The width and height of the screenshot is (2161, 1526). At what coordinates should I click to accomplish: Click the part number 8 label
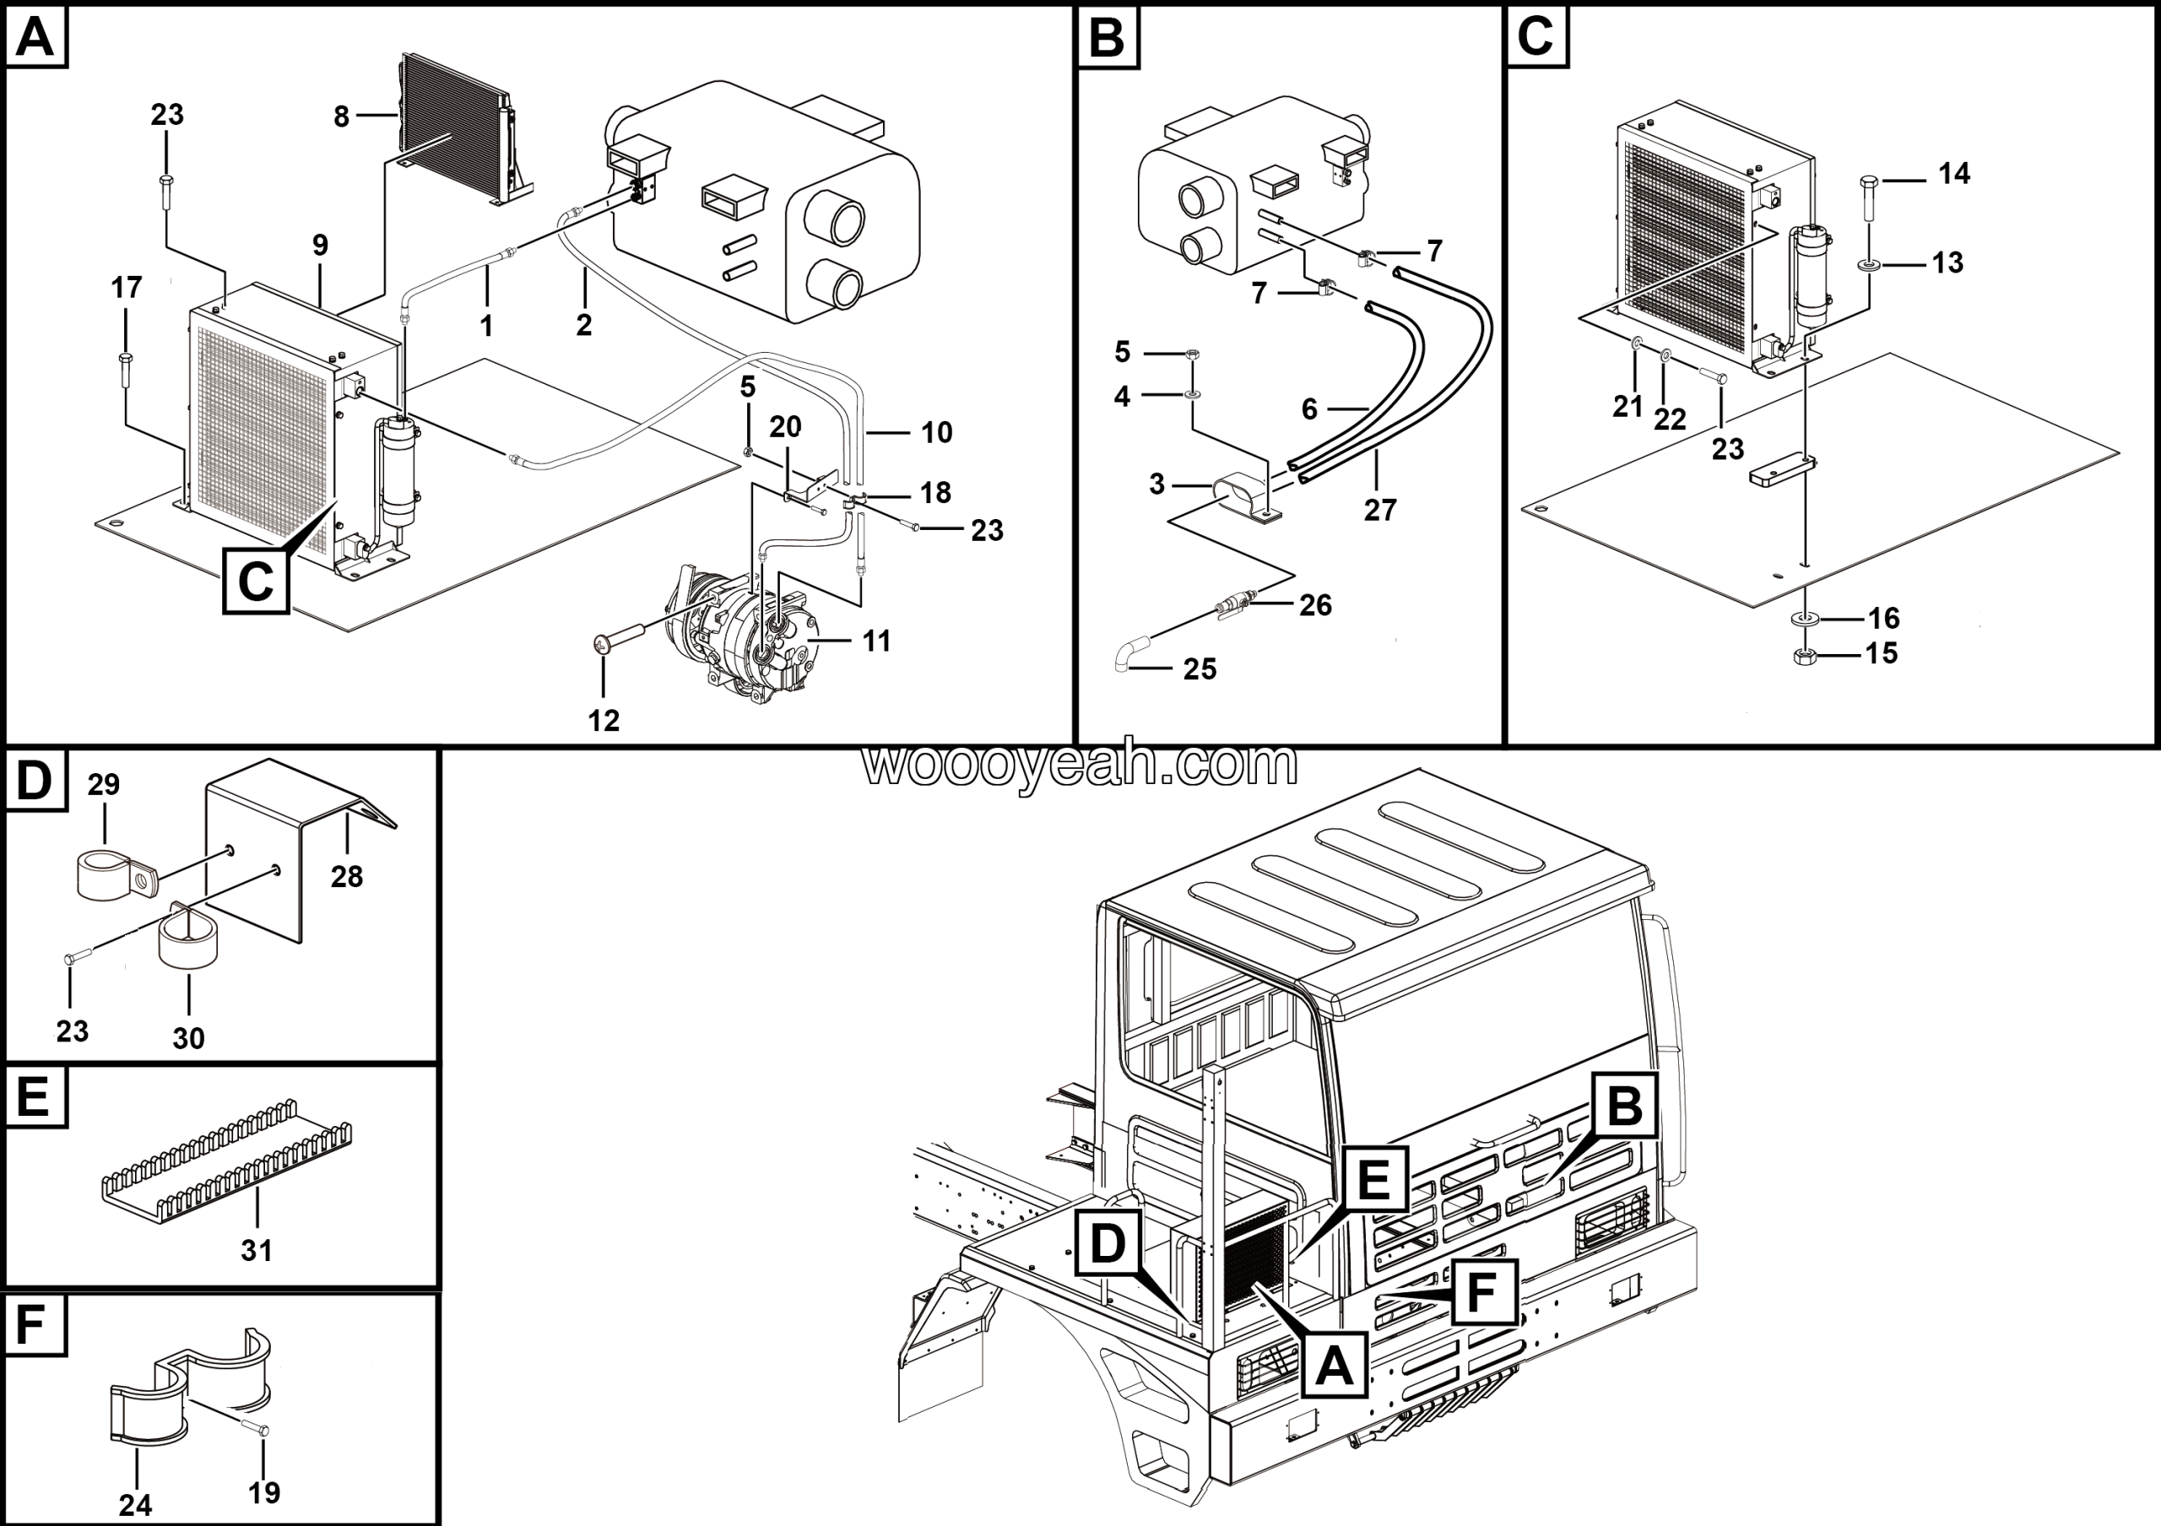(341, 116)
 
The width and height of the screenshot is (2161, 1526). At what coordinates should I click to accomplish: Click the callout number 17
(126, 287)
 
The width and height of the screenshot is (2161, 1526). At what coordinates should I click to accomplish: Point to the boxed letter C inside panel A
(255, 581)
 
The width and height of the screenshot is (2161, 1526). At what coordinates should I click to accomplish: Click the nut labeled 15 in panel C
(1804, 656)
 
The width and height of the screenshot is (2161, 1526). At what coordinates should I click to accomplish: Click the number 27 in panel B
(1380, 509)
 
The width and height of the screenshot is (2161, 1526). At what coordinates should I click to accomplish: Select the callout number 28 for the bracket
(346, 877)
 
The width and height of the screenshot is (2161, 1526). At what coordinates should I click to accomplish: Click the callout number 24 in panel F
(136, 1505)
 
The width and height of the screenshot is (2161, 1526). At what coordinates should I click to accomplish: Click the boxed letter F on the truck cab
(1481, 1293)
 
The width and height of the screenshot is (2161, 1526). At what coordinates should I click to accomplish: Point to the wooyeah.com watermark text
(1080, 765)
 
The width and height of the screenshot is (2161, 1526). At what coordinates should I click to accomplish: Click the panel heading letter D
(34, 780)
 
